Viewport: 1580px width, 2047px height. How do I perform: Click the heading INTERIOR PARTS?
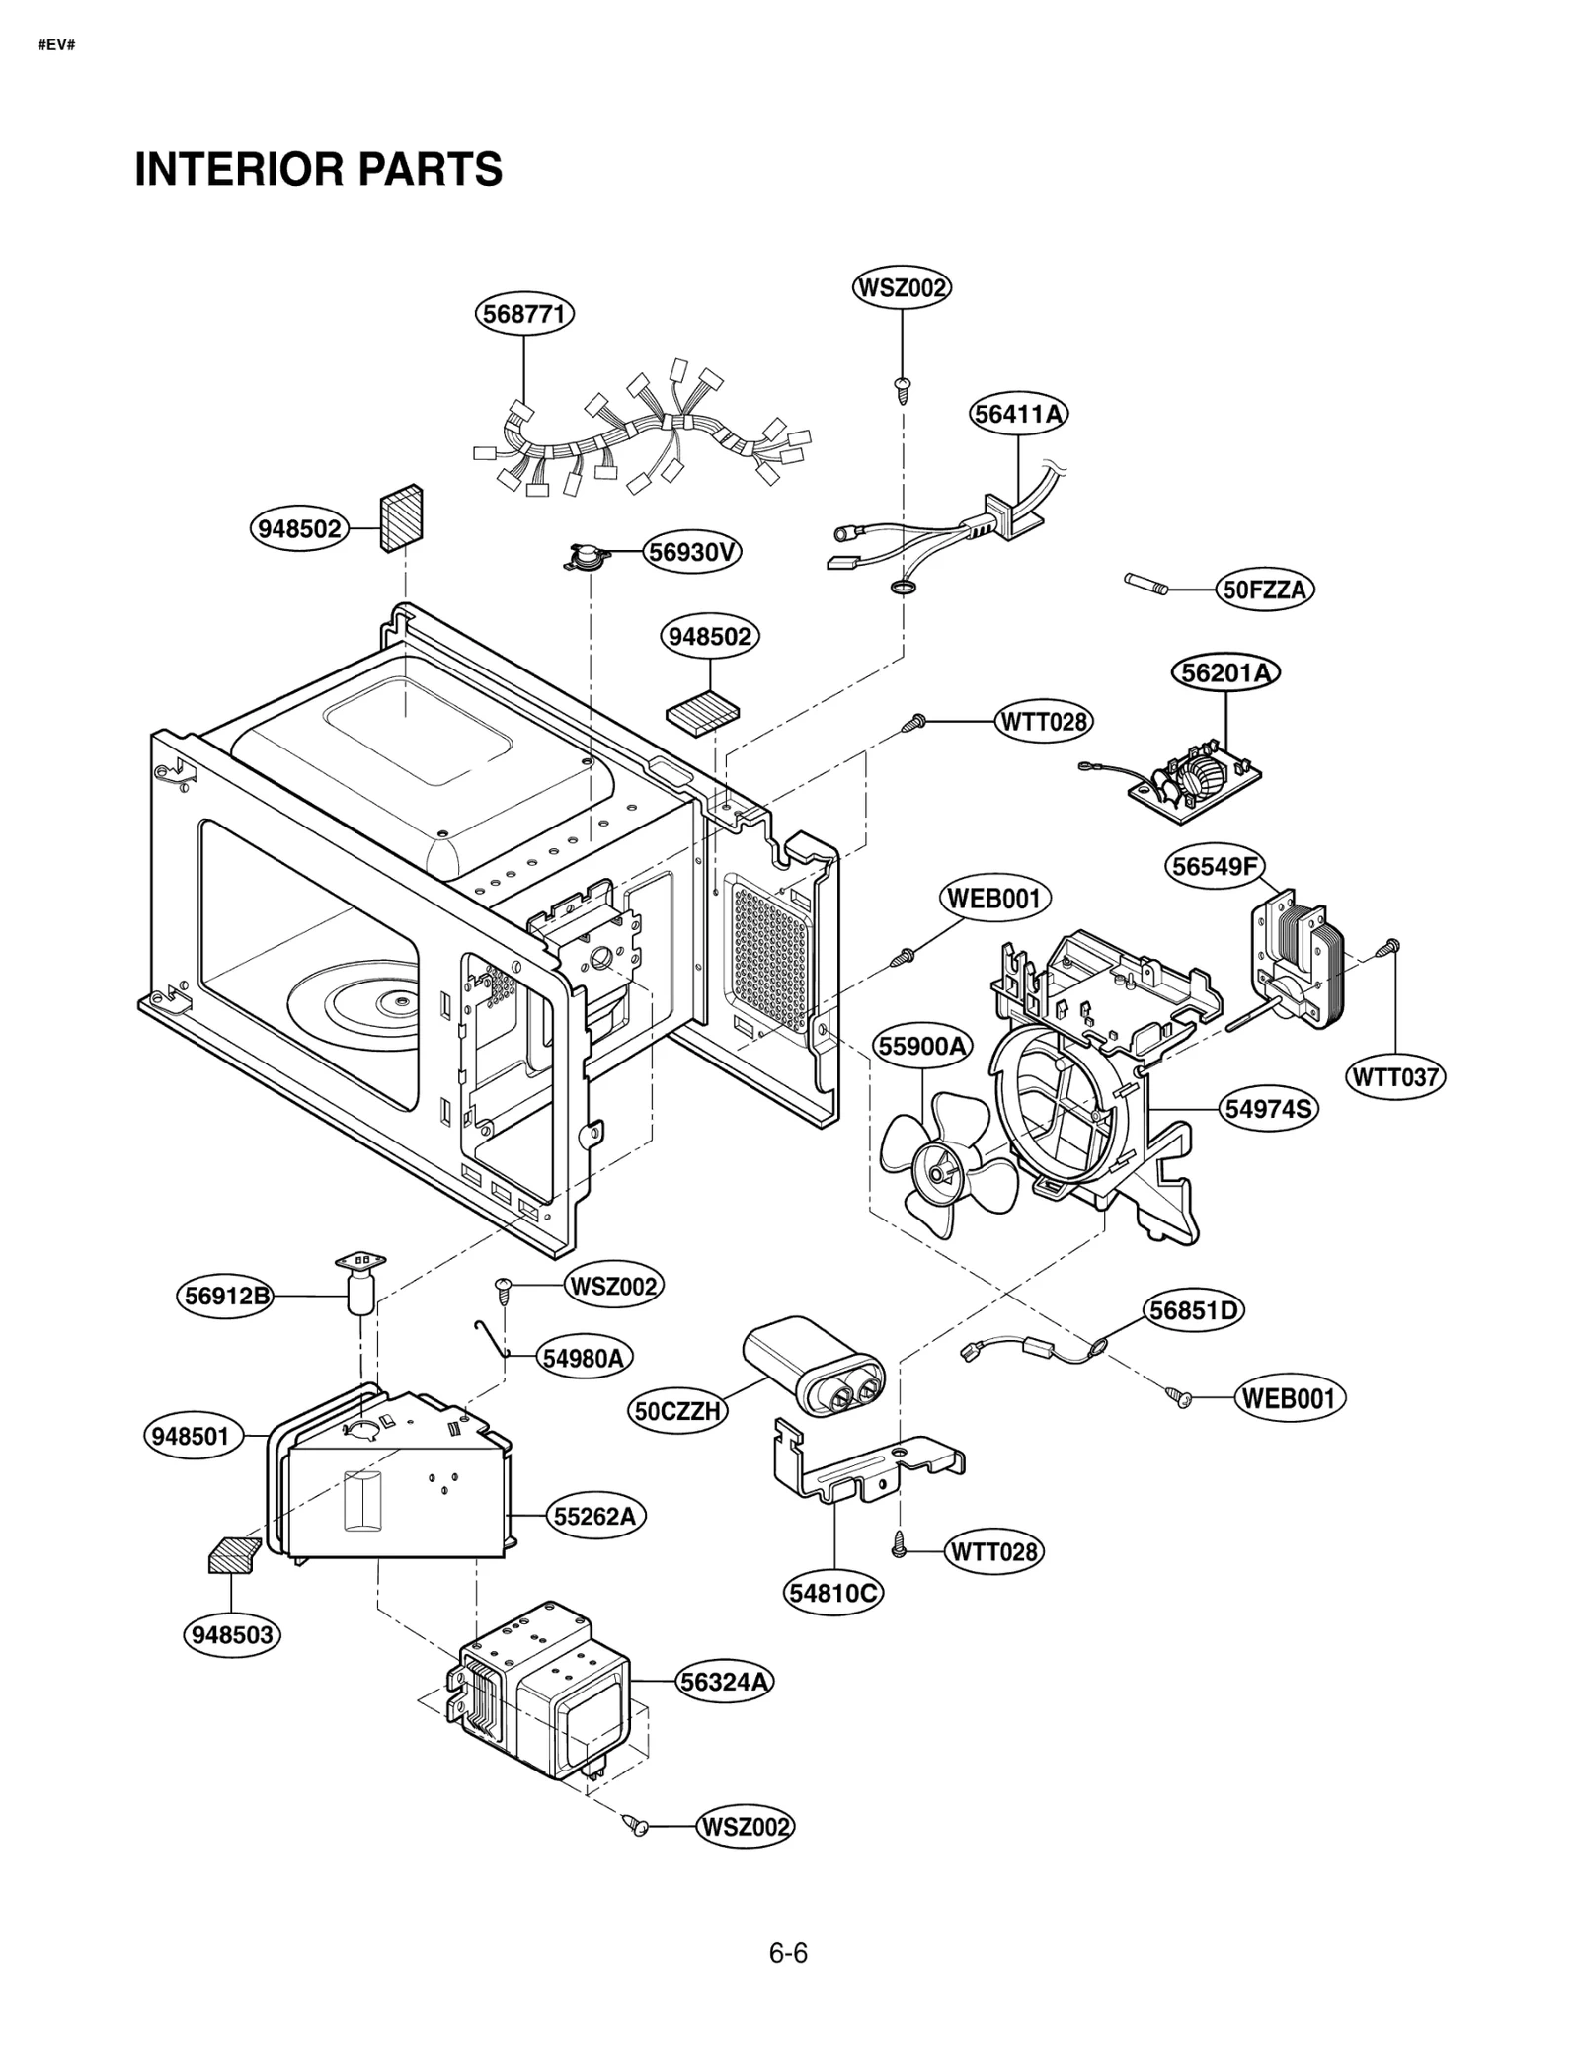pos(318,169)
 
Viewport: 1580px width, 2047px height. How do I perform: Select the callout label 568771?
pos(523,314)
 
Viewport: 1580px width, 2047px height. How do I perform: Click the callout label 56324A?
pos(725,1682)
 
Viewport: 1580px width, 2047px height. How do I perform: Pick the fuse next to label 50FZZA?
pos(1146,584)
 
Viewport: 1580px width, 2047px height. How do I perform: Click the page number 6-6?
pos(788,1954)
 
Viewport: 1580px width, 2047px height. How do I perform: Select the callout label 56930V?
pos(692,552)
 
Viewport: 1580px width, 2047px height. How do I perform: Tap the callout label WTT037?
pos(1395,1076)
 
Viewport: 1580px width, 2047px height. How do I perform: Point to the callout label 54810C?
pos(833,1593)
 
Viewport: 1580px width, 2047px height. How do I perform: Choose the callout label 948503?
pos(232,1635)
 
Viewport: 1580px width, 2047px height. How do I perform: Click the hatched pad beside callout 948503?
pos(233,1554)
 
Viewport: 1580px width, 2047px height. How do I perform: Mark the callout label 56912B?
pos(227,1296)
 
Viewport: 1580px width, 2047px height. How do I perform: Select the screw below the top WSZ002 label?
pos(902,388)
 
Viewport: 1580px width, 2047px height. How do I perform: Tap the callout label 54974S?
pos(1268,1109)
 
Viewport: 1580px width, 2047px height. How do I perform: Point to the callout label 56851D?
pos(1194,1310)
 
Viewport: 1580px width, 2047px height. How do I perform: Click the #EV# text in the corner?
pos(56,46)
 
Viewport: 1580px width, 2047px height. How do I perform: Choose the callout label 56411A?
pos(1018,414)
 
